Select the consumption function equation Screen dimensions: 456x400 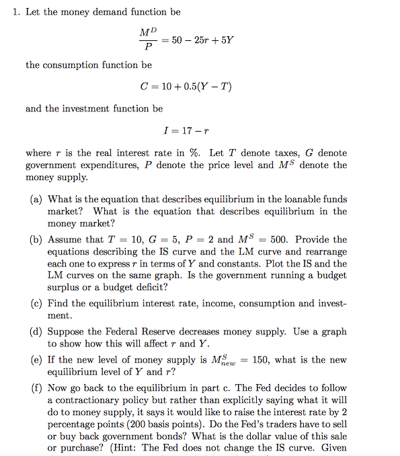pos(185,87)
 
